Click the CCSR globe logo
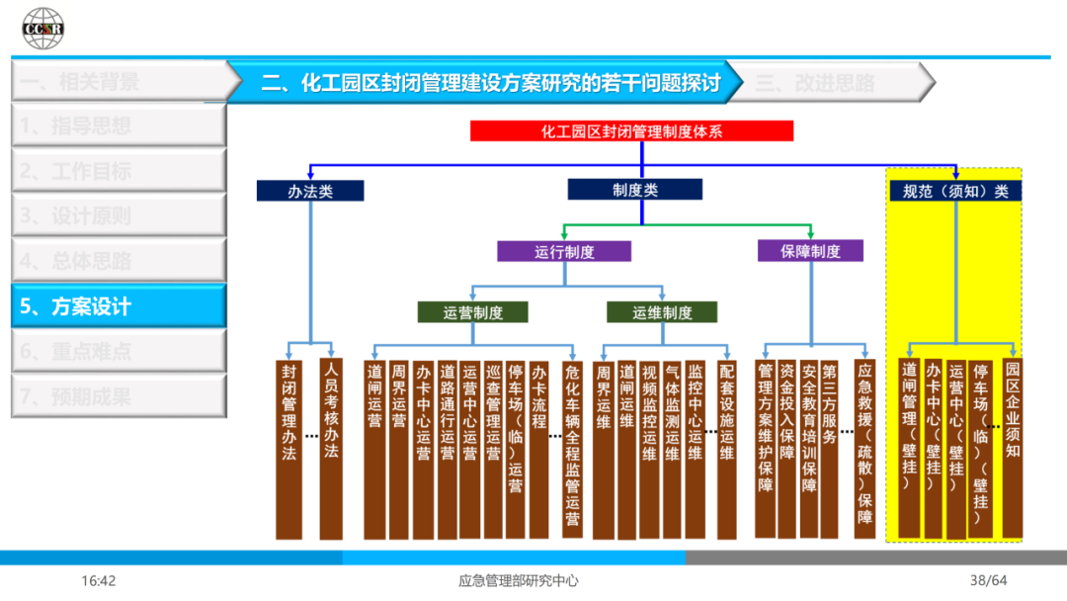tap(42, 29)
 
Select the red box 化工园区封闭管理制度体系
tap(631, 130)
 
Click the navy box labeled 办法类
tap(310, 191)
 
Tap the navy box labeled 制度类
tap(634, 190)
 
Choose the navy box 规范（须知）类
tap(954, 191)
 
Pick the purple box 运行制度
tap(563, 251)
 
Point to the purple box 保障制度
tap(810, 251)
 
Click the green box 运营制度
tap(472, 312)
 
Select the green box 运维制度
tap(662, 312)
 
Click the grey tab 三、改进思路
tap(830, 83)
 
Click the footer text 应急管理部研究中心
tap(505, 580)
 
